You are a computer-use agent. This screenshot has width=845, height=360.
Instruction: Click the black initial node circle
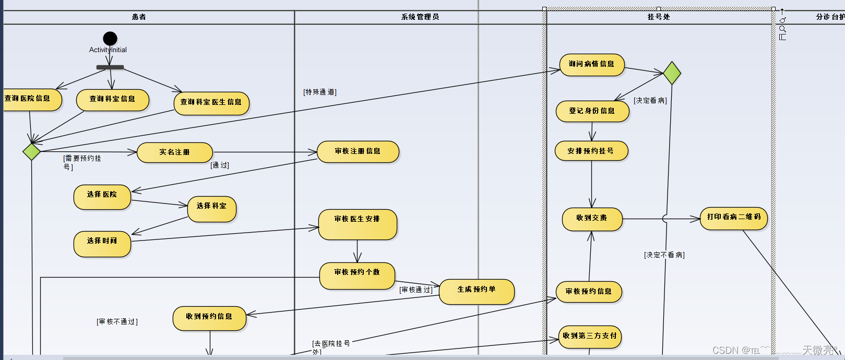point(110,39)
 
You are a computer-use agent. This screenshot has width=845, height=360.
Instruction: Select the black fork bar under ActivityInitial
point(110,67)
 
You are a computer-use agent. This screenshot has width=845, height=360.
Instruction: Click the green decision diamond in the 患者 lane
point(32,151)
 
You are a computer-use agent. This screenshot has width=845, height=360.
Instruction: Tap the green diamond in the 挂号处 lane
point(672,73)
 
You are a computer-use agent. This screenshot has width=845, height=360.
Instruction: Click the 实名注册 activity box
point(175,152)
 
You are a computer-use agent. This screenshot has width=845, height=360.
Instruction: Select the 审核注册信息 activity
point(358,151)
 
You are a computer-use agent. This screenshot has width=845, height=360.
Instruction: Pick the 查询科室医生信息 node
point(211,102)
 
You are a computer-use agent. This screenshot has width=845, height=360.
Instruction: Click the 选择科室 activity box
point(212,209)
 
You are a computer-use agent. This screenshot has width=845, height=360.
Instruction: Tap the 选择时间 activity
point(102,244)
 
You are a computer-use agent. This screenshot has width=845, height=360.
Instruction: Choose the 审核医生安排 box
point(358,224)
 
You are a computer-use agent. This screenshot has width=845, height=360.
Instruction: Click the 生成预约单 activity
point(477,292)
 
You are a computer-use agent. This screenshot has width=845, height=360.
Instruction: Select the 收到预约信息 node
point(209,318)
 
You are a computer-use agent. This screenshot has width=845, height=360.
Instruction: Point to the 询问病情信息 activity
point(592,65)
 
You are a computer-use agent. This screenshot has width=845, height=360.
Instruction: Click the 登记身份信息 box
point(592,111)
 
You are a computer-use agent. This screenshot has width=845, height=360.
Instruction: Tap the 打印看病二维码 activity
point(734,219)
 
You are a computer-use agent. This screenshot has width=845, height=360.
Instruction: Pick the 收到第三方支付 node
point(590,337)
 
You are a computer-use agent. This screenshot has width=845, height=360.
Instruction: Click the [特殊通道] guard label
point(320,92)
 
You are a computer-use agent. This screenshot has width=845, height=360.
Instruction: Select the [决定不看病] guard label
point(664,255)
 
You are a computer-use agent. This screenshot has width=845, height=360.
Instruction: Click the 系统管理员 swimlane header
point(420,17)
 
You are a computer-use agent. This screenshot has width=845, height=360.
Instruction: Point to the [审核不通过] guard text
point(117,322)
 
